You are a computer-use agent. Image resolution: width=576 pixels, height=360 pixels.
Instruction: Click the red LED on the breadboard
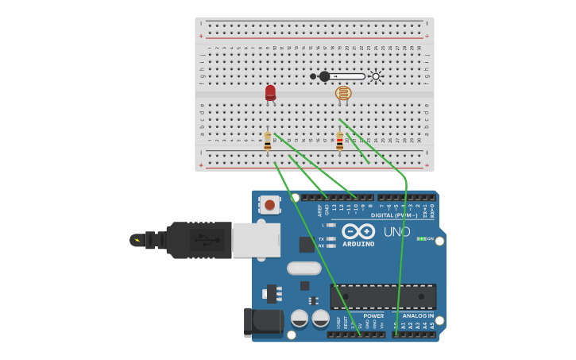pos(270,92)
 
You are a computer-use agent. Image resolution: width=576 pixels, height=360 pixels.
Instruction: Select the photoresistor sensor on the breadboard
pos(343,93)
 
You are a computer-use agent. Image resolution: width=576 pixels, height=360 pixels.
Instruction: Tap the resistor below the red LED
pos(268,141)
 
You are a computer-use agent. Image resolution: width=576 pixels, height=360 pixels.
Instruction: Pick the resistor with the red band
pos(340,141)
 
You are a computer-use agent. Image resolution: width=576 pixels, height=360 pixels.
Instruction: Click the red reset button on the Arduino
pos(270,205)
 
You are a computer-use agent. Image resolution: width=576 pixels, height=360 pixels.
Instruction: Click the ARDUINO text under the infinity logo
pos(358,244)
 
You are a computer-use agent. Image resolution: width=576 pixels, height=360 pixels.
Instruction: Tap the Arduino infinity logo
pos(358,231)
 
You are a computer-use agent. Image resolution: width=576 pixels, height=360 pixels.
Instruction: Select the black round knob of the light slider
pos(324,76)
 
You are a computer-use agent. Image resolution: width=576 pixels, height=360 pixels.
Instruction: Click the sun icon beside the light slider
pos(376,76)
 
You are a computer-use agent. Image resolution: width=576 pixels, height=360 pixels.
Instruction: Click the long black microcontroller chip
pos(383,296)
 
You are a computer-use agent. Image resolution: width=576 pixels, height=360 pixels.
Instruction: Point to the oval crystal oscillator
pos(303,269)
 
